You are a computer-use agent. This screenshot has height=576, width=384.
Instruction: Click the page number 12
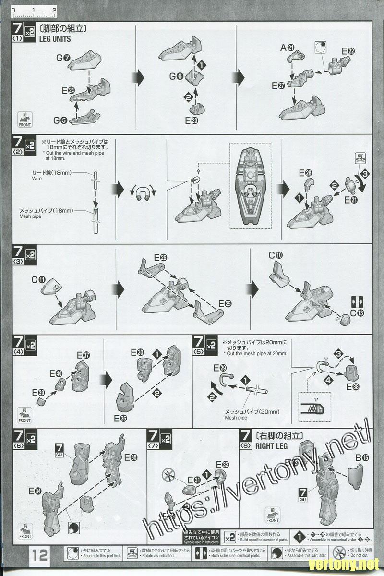point(40,555)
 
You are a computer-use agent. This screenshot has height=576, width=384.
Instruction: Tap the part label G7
point(63,58)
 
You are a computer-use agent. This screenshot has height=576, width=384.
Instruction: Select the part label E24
point(68,90)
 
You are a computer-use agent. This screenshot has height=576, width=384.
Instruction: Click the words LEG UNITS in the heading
point(57,39)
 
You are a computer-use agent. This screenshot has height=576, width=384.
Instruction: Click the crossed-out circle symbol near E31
point(169,472)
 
